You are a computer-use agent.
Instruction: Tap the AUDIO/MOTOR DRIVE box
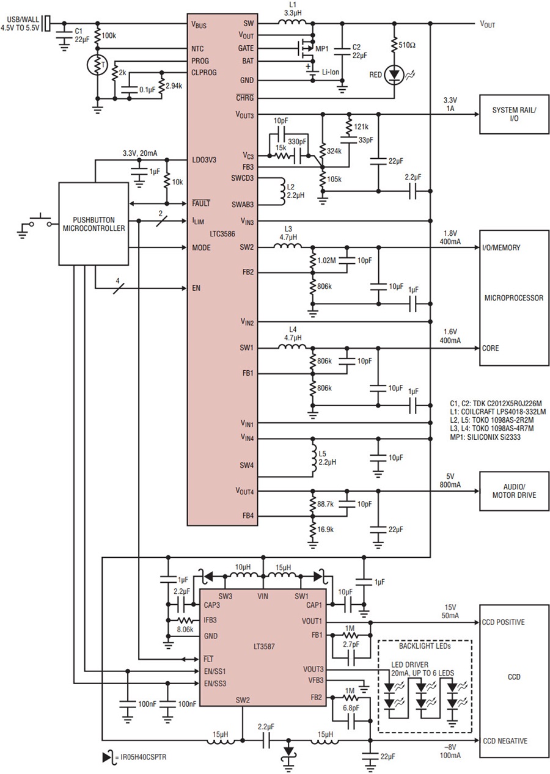[x=514, y=491]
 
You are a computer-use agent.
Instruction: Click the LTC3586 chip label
[x=207, y=234]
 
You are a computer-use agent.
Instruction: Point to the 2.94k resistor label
[x=174, y=86]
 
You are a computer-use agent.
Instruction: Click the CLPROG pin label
[x=204, y=73]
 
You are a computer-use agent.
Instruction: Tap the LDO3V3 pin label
[x=204, y=160]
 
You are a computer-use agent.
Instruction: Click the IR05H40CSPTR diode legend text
[x=141, y=757]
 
